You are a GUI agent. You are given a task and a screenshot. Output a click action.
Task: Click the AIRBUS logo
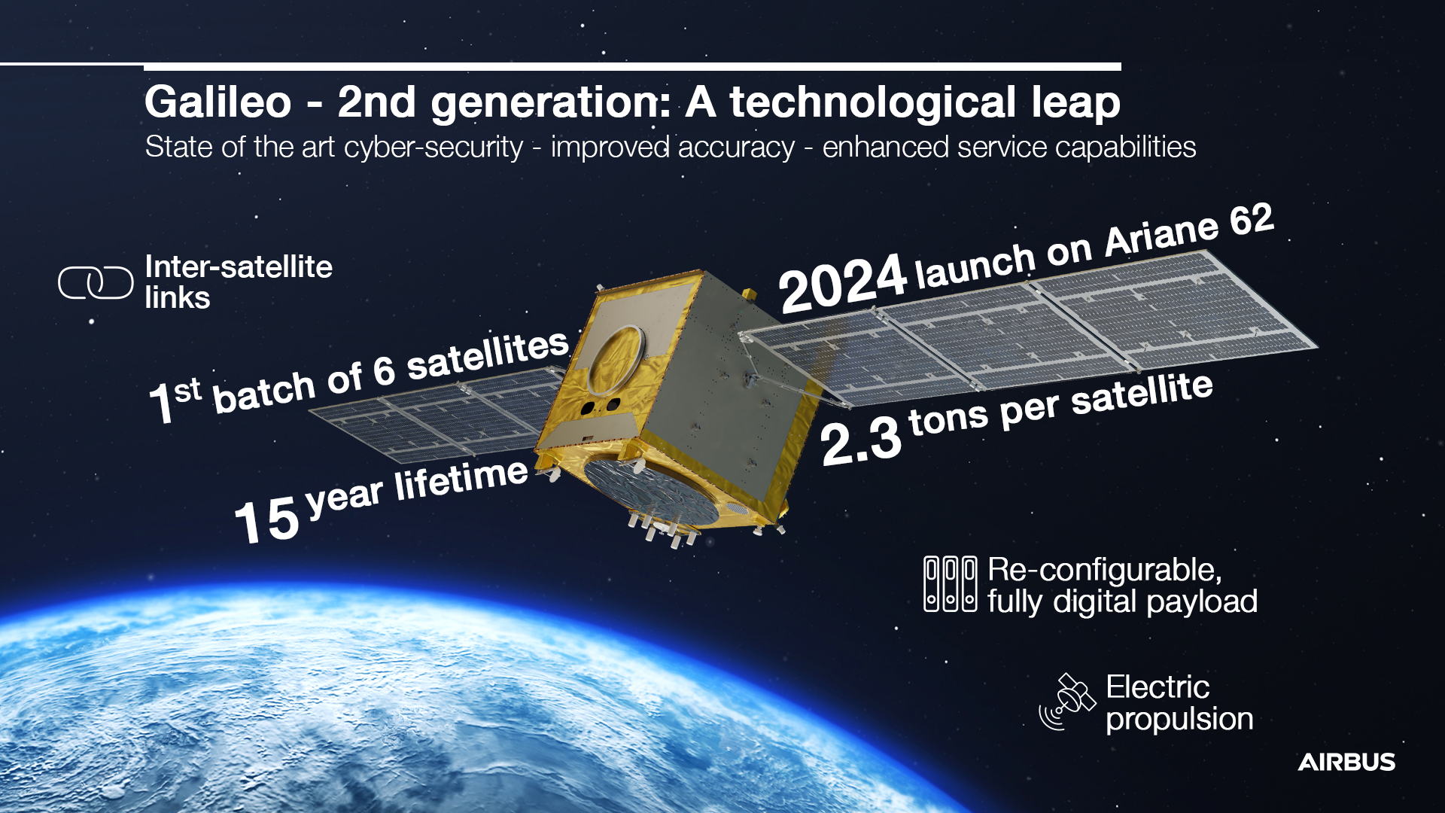tap(1346, 762)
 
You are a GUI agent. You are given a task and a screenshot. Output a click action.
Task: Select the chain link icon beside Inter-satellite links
tap(96, 283)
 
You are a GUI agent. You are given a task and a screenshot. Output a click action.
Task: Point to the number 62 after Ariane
tap(1251, 221)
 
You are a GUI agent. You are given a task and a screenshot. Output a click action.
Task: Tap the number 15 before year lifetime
tap(266, 519)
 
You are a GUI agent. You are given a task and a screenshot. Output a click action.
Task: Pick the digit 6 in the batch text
tap(384, 371)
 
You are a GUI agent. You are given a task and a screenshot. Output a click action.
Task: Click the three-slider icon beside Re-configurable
tap(950, 584)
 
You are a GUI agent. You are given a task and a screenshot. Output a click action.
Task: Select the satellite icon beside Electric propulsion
tap(1067, 702)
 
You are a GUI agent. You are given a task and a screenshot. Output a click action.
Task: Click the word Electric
tap(1158, 687)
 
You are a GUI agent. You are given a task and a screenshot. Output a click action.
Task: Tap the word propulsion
tap(1179, 720)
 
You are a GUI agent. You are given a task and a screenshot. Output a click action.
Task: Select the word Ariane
tap(1161, 236)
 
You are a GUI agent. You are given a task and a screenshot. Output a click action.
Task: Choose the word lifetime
tap(461, 480)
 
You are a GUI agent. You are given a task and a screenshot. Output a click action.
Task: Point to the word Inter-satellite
tap(239, 267)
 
